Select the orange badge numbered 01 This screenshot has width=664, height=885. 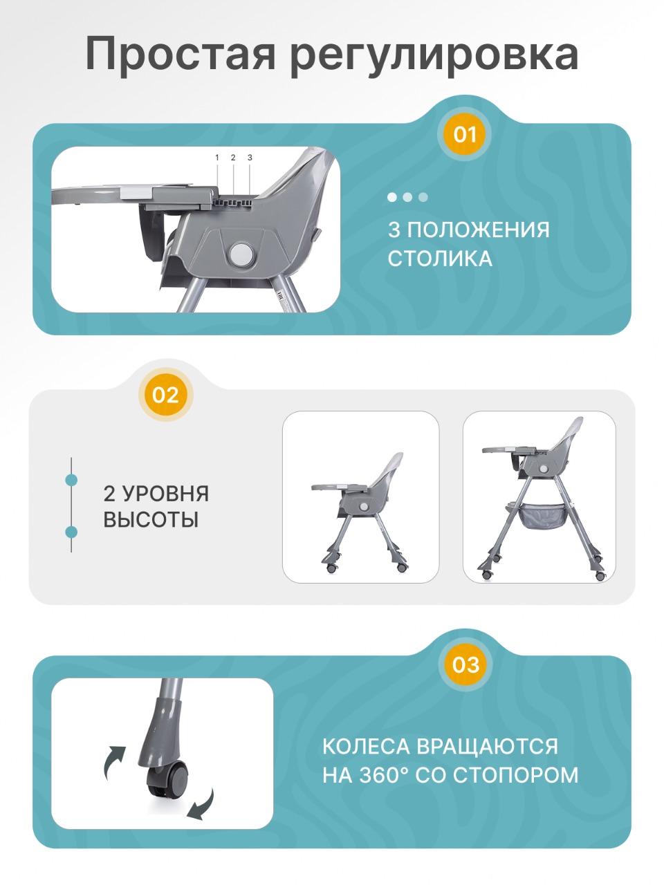pos(465,134)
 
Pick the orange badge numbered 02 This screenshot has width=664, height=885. pos(165,395)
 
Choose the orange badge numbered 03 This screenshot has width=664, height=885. pos(465,664)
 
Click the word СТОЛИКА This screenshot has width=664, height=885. pos(440,259)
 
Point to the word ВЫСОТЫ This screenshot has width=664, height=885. pos(151,519)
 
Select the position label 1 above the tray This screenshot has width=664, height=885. pos(217,158)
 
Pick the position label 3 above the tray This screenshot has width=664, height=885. pos(250,158)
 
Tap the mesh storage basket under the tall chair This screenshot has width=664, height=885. pos(544,516)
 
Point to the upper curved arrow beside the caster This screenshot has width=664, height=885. pos(114,762)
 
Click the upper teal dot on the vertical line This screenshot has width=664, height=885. pos(71,480)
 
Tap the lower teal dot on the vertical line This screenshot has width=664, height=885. pos(71,532)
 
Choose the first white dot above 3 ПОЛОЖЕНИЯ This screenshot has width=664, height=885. pos(392,197)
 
